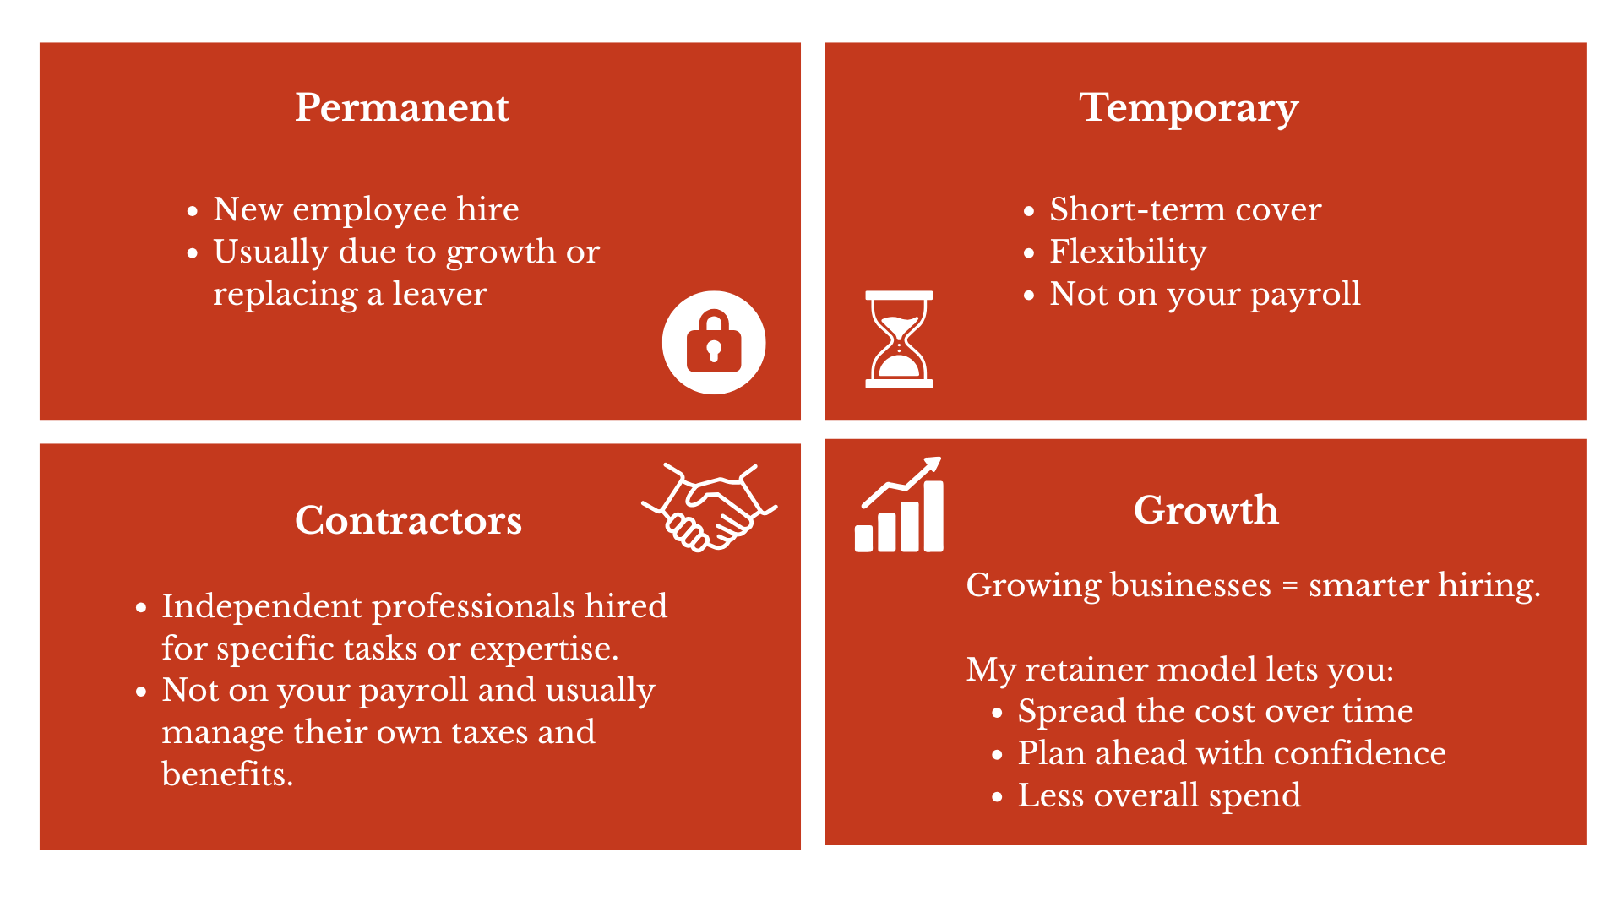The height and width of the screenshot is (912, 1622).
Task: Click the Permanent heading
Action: click(x=402, y=108)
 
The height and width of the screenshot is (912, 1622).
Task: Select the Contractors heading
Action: click(x=408, y=520)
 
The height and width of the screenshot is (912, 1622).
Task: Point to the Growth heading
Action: click(x=1206, y=510)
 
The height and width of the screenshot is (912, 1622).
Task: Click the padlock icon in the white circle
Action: click(x=714, y=342)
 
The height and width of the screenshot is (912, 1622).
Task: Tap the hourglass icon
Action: click(x=899, y=339)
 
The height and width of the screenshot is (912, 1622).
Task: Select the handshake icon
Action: click(x=710, y=507)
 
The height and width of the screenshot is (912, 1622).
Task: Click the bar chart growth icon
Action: click(x=900, y=505)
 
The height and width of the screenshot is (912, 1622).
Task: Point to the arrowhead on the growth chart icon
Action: click(x=932, y=464)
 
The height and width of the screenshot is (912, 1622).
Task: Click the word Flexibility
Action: click(x=1128, y=252)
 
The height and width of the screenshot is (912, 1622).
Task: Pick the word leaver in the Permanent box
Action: click(x=439, y=294)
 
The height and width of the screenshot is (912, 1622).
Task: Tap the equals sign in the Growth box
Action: click(x=1290, y=586)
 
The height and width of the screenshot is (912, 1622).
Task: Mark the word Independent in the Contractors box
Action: click(x=262, y=607)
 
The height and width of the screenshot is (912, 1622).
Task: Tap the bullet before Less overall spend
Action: click(x=998, y=796)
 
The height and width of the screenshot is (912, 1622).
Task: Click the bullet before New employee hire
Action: click(x=193, y=210)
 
